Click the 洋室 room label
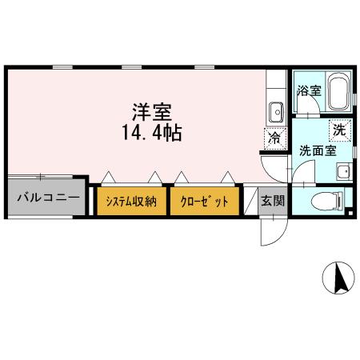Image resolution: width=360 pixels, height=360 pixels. (x=149, y=112)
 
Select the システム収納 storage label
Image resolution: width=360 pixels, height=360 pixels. (x=132, y=201)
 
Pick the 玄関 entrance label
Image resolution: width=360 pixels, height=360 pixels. (x=273, y=200)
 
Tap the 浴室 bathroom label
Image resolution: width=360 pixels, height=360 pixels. (x=309, y=90)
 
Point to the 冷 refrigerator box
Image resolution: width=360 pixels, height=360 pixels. (x=274, y=137)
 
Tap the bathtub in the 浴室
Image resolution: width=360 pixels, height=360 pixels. (x=337, y=90)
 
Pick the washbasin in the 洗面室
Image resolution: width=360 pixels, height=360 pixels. (x=343, y=171)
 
